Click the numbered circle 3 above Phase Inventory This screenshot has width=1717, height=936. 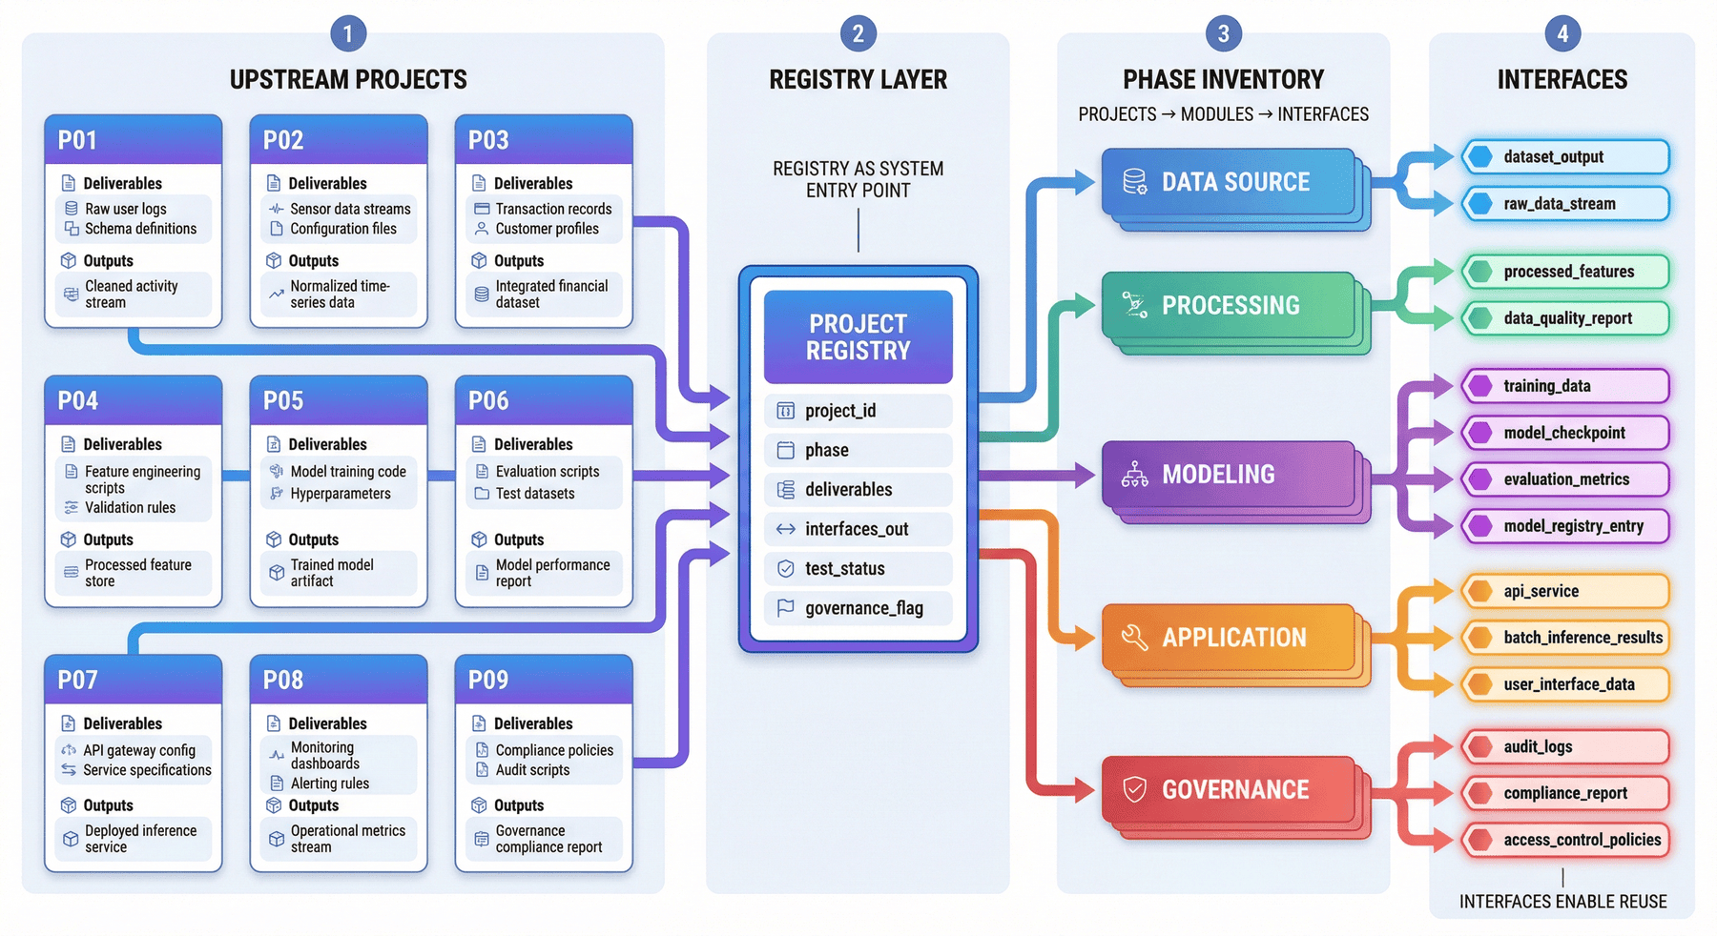point(1223,34)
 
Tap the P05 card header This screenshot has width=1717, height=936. point(339,400)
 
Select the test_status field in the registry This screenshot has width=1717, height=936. point(858,568)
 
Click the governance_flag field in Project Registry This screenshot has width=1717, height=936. point(858,608)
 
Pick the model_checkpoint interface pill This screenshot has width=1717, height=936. point(1565,433)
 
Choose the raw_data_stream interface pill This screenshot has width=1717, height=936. point(1565,204)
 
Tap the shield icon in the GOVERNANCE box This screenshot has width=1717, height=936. point(1134,789)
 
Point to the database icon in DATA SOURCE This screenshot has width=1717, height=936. point(1134,181)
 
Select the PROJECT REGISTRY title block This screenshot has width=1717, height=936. point(858,337)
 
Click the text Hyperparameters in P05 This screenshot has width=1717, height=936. point(341,494)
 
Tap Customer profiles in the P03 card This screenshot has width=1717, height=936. point(548,229)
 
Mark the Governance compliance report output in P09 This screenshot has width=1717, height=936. point(548,839)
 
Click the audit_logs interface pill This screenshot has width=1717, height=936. point(1565,747)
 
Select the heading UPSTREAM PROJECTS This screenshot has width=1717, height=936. point(348,80)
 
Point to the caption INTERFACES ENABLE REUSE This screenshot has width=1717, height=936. point(1562,902)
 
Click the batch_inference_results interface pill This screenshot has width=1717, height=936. point(1565,638)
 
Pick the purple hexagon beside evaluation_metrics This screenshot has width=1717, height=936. point(1480,479)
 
